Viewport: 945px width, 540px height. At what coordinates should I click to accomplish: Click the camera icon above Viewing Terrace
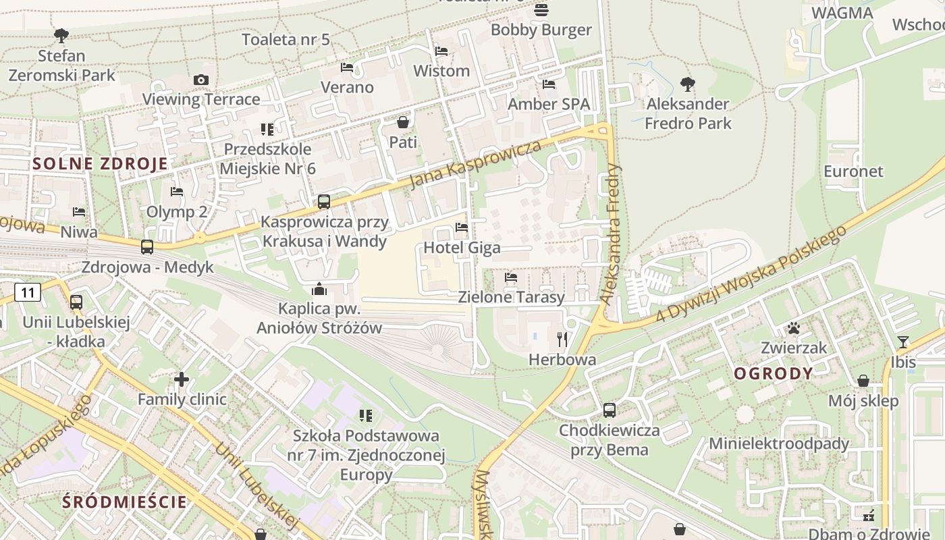coord(200,80)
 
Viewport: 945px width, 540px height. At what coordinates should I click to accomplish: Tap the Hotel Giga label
coord(462,248)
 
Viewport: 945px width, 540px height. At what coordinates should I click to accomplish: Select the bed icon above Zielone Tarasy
coord(511,277)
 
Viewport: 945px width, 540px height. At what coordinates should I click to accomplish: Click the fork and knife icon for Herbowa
coord(562,339)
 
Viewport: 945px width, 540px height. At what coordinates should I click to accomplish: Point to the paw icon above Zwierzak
coord(794,328)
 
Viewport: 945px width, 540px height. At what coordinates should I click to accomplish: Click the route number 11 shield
coord(28,292)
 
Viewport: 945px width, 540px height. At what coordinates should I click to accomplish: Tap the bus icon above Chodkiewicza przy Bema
coord(609,410)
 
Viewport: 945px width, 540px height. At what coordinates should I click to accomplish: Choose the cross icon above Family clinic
coord(182,379)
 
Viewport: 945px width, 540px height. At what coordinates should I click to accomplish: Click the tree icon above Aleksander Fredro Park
coord(687,84)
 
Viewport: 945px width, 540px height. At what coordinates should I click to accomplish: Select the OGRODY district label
coord(774,373)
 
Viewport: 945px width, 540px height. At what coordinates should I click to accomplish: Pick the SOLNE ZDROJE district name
coord(100,163)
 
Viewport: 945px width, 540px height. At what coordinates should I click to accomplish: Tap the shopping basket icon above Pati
coord(403,122)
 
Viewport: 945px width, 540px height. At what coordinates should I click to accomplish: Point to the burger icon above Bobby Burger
coord(541,10)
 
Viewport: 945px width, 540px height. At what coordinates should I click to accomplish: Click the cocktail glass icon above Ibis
coord(903,342)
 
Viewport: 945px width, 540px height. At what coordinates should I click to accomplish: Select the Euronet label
coord(853,171)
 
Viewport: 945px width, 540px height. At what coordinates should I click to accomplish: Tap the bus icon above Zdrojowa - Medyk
coord(147,247)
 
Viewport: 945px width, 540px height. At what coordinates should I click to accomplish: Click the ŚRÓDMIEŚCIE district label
coord(124,502)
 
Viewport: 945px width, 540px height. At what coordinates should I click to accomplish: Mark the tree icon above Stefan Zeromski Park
coord(61,35)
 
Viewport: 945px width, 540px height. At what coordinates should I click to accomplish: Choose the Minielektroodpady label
coord(778,443)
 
